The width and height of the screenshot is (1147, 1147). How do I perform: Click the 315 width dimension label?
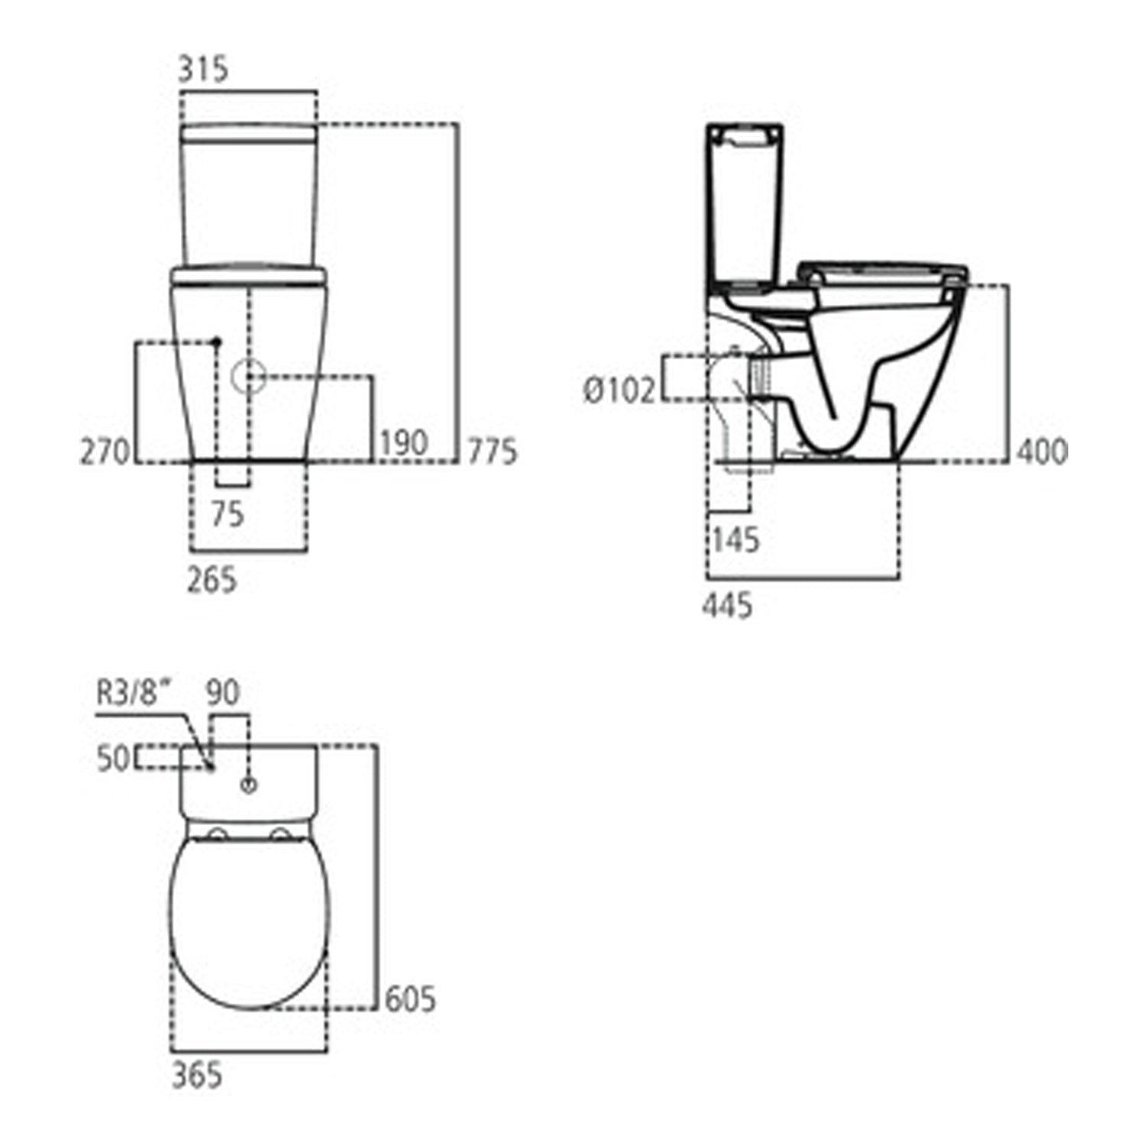203,70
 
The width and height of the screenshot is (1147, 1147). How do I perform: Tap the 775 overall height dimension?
492,451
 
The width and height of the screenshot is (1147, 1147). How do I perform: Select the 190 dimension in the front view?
404,443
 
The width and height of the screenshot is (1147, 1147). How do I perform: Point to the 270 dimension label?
106,451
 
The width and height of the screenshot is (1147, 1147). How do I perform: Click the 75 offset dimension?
227,514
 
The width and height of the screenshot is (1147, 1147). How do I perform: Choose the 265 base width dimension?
212,580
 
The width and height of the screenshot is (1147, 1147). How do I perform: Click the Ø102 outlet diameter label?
619,391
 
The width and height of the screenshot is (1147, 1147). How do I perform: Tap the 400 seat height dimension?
1041,451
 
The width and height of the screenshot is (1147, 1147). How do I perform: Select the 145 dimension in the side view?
736,540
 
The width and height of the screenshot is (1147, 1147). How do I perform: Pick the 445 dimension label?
727,606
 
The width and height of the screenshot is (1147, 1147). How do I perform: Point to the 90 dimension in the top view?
223,693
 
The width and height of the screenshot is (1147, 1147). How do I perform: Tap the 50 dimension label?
113,759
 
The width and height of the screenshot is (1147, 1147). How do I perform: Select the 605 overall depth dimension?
410,999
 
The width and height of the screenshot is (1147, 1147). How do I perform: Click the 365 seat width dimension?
197,1075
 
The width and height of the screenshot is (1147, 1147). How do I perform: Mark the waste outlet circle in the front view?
248,376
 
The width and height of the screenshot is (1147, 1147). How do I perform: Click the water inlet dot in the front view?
216,341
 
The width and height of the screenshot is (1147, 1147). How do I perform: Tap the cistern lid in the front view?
249,133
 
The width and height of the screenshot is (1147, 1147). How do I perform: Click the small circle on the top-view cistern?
249,785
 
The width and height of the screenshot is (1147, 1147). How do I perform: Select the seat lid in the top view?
249,921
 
